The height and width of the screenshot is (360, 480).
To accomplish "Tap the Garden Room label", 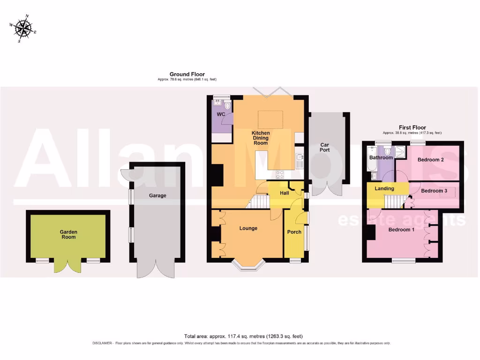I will (x=68, y=234).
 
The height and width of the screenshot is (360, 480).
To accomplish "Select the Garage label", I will (x=157, y=195).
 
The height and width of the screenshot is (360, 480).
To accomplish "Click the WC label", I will (x=221, y=114).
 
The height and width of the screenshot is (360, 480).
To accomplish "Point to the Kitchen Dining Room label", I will (x=261, y=138).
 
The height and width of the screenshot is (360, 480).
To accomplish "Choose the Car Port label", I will (x=325, y=147).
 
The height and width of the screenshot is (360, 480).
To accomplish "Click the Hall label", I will (x=284, y=193).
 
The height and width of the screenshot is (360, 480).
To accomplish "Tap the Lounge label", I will (x=248, y=228).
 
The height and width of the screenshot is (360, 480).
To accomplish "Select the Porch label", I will (x=294, y=232).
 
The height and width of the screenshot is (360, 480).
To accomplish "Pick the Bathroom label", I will (x=381, y=157).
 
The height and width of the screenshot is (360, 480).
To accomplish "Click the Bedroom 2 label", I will (x=431, y=160).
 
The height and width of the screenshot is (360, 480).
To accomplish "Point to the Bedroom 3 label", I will (x=434, y=191).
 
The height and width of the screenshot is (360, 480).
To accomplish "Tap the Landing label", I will (x=384, y=188).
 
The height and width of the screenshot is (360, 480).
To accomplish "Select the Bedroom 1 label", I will (x=401, y=230).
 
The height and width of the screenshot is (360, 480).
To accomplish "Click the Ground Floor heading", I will (x=187, y=74).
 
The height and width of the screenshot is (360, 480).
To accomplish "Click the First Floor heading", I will (x=412, y=127).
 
